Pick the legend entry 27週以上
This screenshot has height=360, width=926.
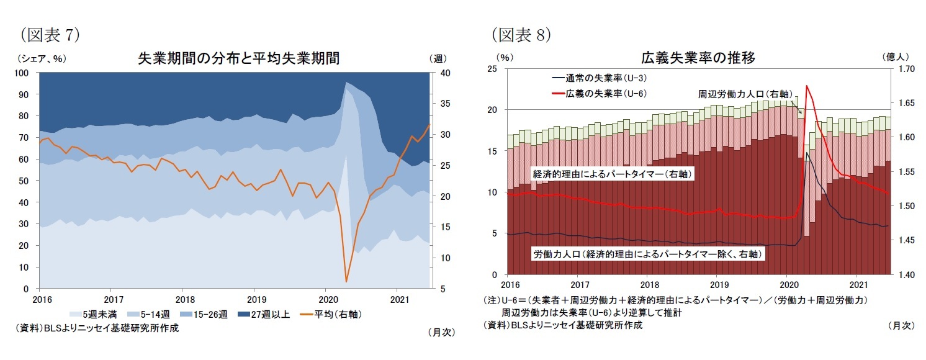coord(267,314)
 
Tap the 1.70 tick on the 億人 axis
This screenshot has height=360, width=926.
coord(903,69)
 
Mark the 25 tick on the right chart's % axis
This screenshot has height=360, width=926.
coord(493,69)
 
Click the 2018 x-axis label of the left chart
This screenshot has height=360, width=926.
coord(182,300)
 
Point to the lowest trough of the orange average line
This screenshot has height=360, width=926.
coord(346,282)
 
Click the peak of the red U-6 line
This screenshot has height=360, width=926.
coord(806,86)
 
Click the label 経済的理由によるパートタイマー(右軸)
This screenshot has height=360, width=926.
coord(612,174)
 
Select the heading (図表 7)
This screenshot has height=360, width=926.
coord(50,35)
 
